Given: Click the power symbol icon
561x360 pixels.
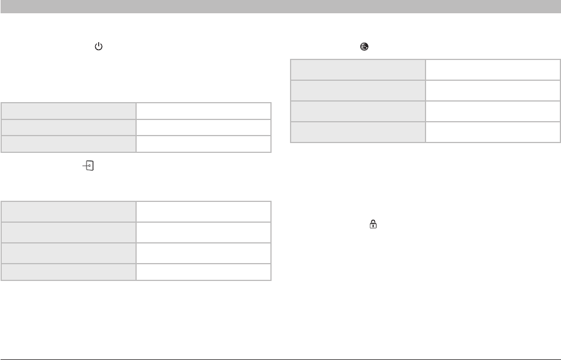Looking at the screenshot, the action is click(97, 46).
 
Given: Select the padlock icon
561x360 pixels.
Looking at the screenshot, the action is click(373, 224).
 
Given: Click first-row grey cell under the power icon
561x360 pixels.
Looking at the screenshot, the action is click(69, 111).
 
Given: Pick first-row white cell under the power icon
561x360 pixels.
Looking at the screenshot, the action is click(203, 111).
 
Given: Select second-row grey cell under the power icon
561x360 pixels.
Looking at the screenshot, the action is click(69, 127).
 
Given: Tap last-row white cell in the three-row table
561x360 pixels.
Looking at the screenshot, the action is click(203, 144).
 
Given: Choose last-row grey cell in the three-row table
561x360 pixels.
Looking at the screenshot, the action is click(69, 144).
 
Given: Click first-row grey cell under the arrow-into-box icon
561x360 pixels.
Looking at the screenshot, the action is click(69, 211).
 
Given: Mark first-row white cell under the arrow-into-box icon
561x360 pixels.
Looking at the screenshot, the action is click(203, 211).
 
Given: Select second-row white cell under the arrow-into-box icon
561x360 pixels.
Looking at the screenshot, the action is click(203, 232).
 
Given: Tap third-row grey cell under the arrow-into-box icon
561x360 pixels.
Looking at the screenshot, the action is click(69, 253).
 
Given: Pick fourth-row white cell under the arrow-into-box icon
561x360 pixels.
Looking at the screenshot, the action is click(203, 272).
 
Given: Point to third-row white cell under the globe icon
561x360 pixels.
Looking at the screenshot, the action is click(493, 111).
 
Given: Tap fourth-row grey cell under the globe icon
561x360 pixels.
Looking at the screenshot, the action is click(357, 132).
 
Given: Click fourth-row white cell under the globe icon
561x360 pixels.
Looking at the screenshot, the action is click(493, 132).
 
